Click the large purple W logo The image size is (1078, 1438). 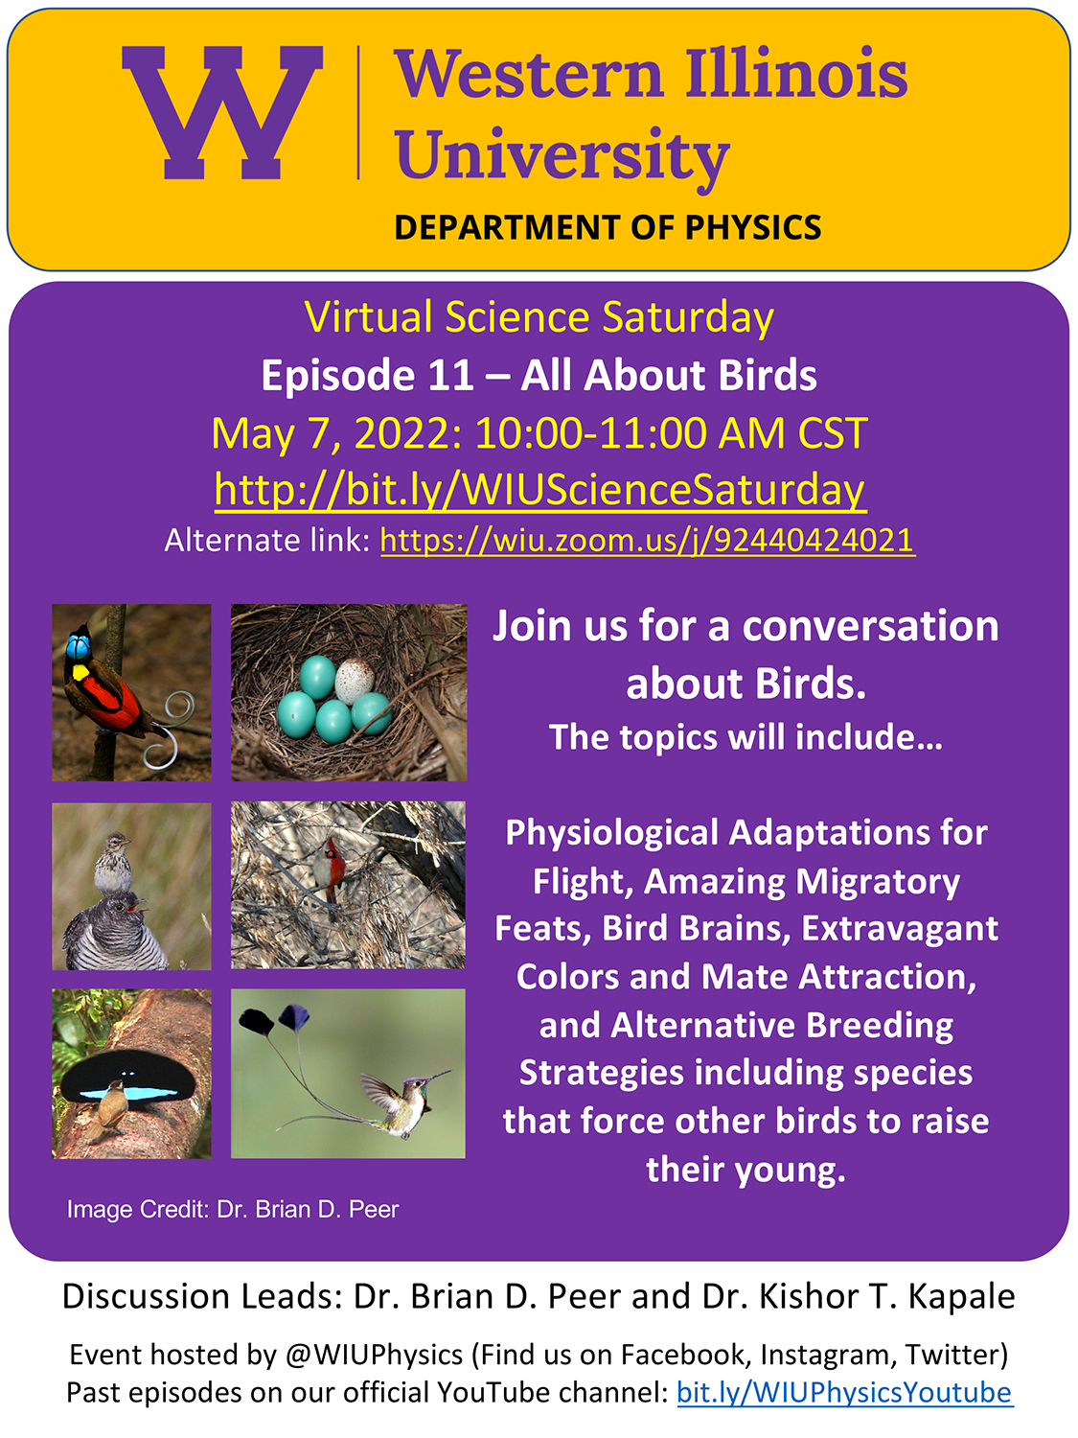[222, 112]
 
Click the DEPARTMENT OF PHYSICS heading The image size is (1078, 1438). [608, 227]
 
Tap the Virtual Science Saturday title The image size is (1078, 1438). [539, 318]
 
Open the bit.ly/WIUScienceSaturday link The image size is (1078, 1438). [540, 491]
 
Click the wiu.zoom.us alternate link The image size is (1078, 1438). [648, 541]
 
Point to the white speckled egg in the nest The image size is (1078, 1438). [355, 681]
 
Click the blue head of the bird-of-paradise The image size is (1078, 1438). [79, 647]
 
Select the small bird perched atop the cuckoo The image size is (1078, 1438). [112, 864]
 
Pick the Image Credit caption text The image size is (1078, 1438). [232, 1210]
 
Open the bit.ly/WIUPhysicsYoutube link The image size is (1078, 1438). [844, 1391]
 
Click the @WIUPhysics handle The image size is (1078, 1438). [375, 1355]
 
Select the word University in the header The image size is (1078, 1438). [562, 156]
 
